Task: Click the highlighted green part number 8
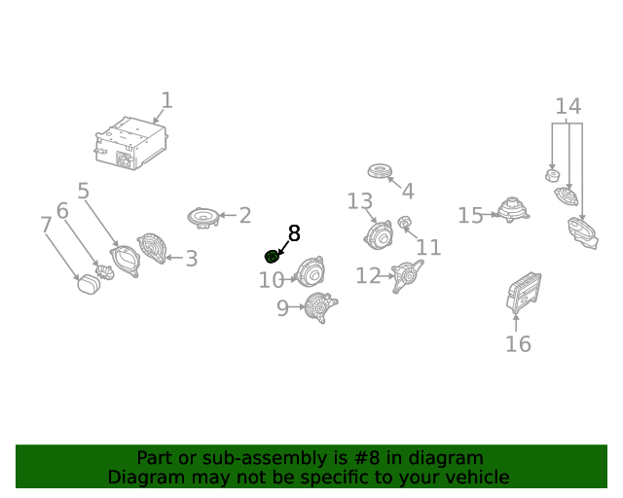click(272, 257)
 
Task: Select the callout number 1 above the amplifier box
click(166, 100)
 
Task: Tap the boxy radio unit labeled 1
click(131, 143)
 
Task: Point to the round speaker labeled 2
click(203, 218)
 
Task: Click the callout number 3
click(192, 259)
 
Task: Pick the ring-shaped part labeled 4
click(381, 171)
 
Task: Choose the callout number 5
click(83, 191)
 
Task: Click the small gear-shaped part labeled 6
click(104, 272)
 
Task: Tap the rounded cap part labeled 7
click(89, 284)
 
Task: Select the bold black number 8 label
click(294, 233)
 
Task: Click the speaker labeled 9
click(320, 307)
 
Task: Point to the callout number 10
click(272, 280)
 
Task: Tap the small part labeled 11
click(405, 223)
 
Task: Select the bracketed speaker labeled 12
click(407, 276)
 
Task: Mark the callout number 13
click(360, 201)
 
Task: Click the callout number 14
click(568, 106)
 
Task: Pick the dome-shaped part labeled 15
click(513, 210)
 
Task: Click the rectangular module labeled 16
click(524, 293)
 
